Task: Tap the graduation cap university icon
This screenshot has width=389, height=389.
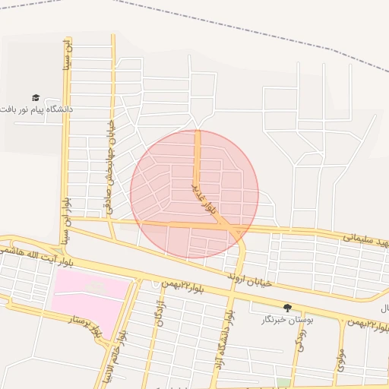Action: tap(35, 97)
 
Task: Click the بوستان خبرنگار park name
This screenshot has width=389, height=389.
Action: tap(287, 321)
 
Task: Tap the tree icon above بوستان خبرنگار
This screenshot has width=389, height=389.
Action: tap(287, 308)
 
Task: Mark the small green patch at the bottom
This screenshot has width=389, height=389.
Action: tap(283, 383)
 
